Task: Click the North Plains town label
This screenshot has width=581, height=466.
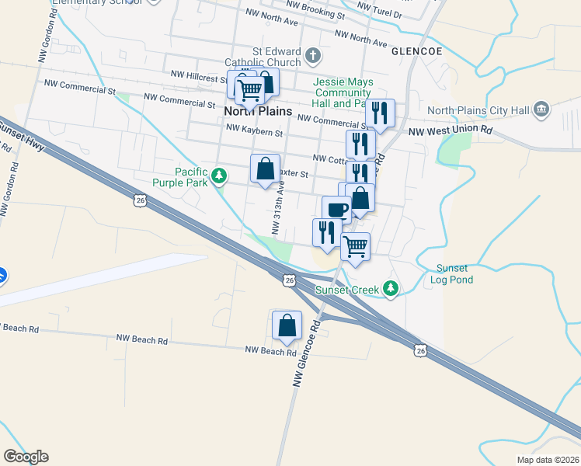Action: click(258, 111)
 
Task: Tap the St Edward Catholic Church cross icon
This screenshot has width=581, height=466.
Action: click(313, 55)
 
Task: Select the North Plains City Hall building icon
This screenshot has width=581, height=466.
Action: click(542, 110)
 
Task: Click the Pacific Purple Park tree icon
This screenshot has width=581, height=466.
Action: click(221, 176)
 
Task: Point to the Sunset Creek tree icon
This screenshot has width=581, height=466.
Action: click(391, 290)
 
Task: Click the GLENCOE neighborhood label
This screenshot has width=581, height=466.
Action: click(416, 51)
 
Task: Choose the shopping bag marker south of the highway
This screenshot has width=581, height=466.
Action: click(287, 325)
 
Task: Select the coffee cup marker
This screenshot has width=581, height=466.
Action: click(337, 209)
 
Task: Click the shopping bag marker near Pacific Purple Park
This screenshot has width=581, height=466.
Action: click(265, 168)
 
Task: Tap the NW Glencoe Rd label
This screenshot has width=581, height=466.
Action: click(308, 353)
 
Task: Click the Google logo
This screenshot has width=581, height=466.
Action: click(26, 457)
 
